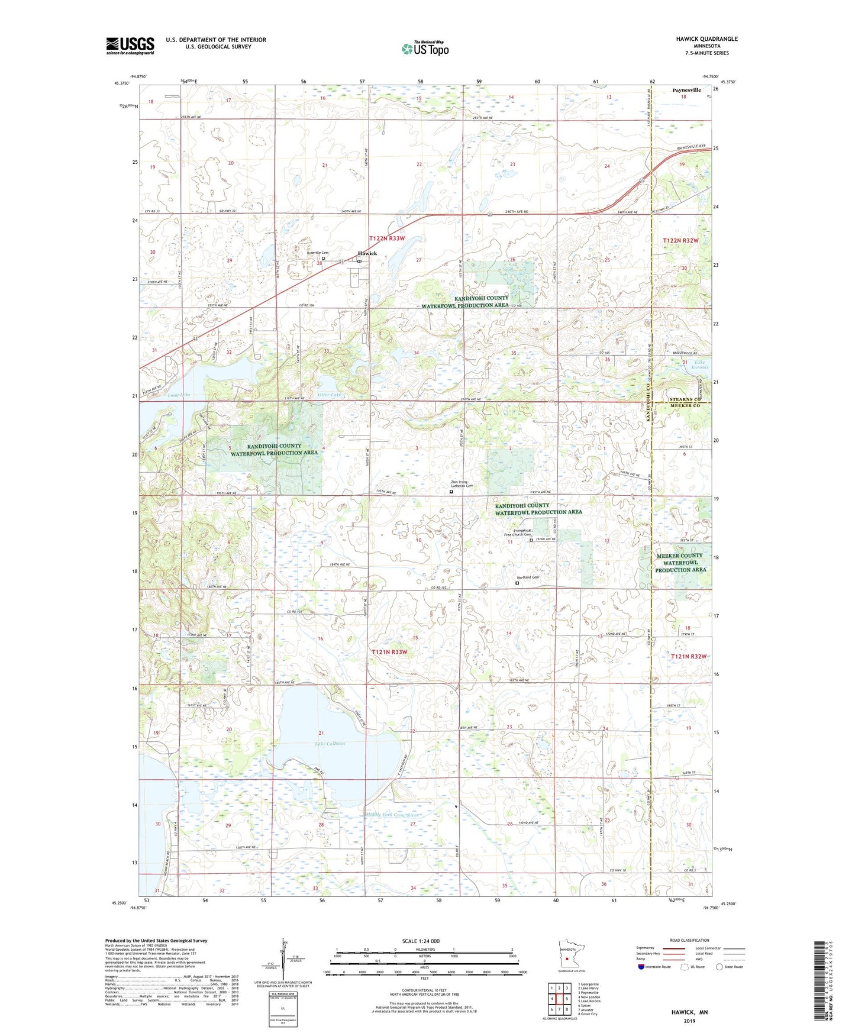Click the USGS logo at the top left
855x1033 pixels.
(x=130, y=46)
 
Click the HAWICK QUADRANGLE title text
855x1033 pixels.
(x=706, y=39)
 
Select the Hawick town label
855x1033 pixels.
(x=367, y=253)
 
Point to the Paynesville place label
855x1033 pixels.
(x=686, y=90)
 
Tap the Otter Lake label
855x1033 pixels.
(x=330, y=395)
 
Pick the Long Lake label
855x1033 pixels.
(x=179, y=395)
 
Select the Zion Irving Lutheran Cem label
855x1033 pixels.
(x=467, y=484)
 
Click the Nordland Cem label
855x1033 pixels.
(x=528, y=577)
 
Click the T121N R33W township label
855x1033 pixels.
(x=389, y=652)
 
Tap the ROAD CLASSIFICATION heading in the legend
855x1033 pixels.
(x=689, y=940)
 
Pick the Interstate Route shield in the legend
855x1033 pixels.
(x=641, y=967)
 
